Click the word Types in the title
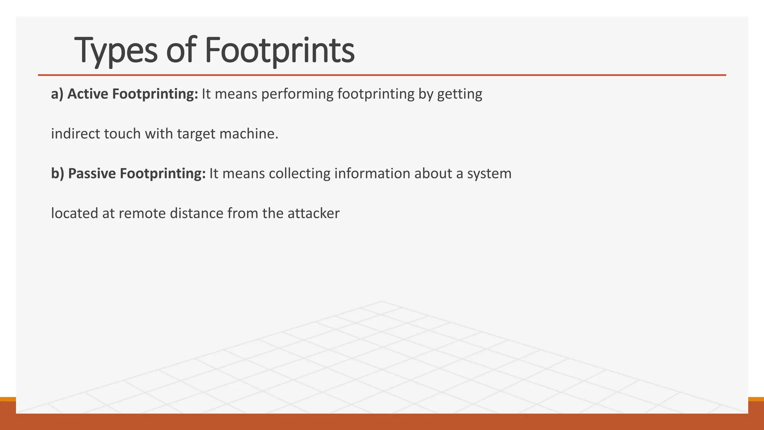pos(116,50)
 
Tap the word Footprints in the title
pos(279,50)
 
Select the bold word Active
pos(88,94)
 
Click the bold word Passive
pos(92,173)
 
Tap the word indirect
pos(75,134)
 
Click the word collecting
pos(300,173)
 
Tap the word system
pos(489,173)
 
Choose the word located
pos(73,213)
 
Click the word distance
pos(197,213)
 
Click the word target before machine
pos(197,134)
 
